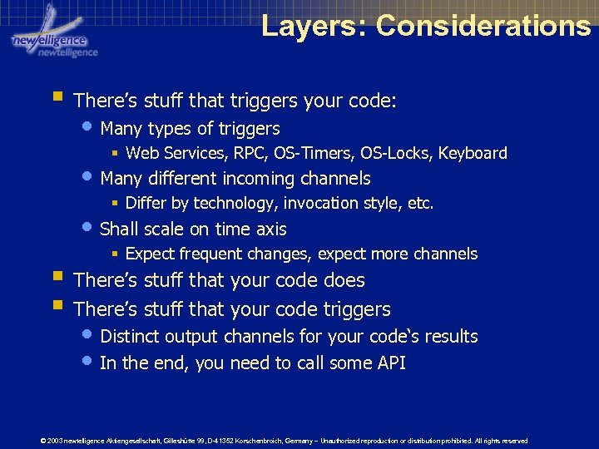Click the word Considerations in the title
483,25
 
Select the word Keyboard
473,153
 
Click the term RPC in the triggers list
247,153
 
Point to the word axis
268,229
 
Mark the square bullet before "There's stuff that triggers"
56,99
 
